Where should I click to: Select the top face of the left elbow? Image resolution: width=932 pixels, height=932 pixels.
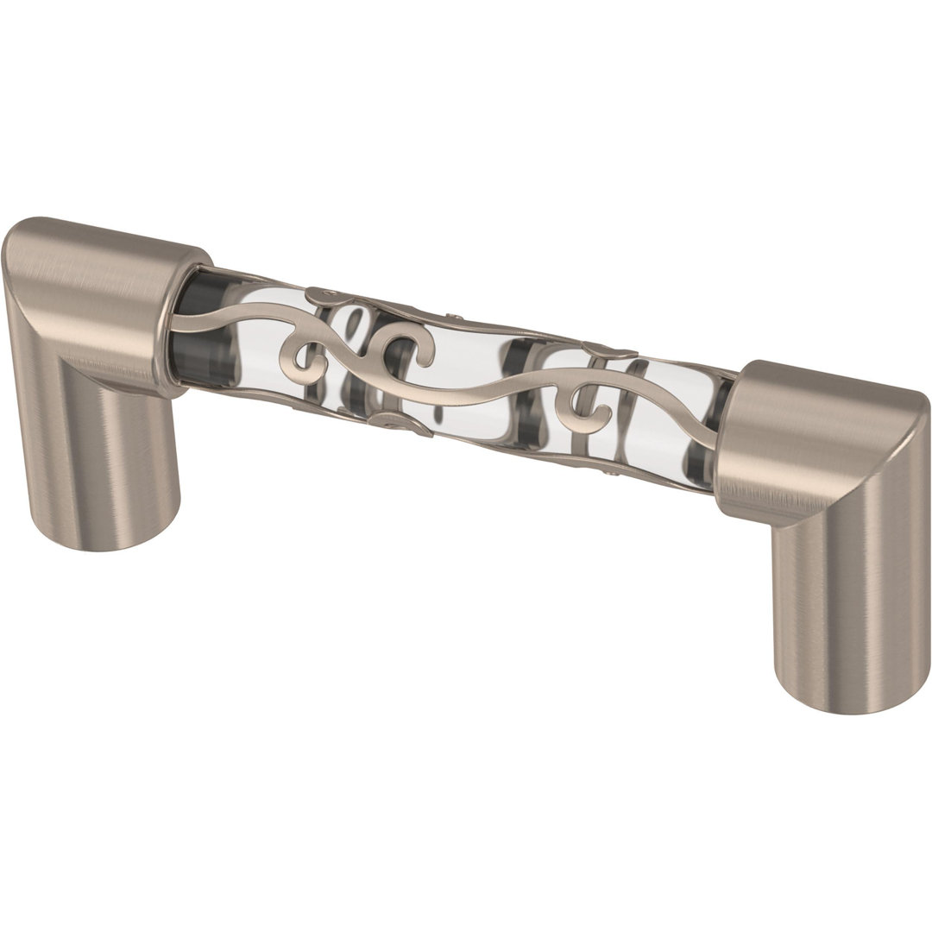pyautogui.click(x=104, y=259)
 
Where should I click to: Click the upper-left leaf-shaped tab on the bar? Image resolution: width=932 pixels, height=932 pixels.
pyautogui.click(x=332, y=296)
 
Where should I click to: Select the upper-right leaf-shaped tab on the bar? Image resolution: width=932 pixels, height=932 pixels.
pyautogui.click(x=608, y=349)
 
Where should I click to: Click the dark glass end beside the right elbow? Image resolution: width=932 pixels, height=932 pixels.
pyautogui.click(x=721, y=431)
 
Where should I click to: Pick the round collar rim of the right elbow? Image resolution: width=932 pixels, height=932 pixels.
pyautogui.click(x=734, y=431)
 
